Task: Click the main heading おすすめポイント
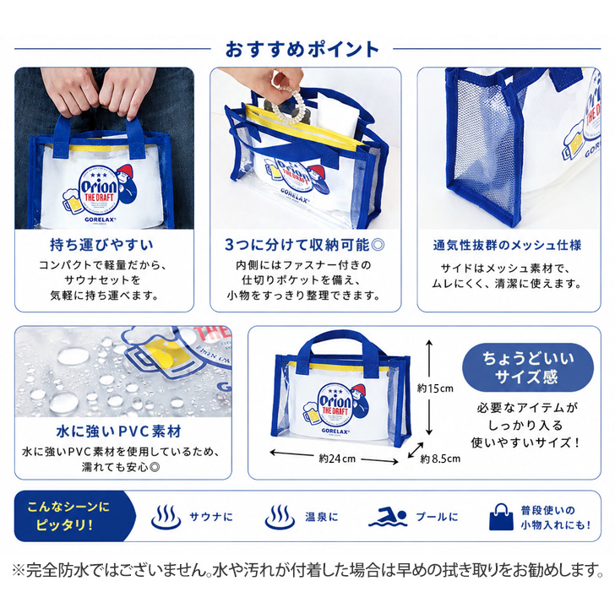(302, 50)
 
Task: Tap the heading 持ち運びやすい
(101, 245)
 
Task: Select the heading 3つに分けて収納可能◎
(305, 245)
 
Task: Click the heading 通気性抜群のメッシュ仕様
(507, 246)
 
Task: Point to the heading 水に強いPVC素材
(119, 432)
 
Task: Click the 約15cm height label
(435, 388)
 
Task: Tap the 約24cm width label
(337, 459)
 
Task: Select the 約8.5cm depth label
(440, 459)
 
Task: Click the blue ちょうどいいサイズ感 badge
(528, 367)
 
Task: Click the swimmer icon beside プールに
(387, 518)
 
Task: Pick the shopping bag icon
(501, 517)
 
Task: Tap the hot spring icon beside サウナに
(166, 517)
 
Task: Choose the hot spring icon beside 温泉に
(280, 517)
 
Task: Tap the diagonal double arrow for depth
(416, 450)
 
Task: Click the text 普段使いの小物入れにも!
(556, 518)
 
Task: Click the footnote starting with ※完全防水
(307, 570)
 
